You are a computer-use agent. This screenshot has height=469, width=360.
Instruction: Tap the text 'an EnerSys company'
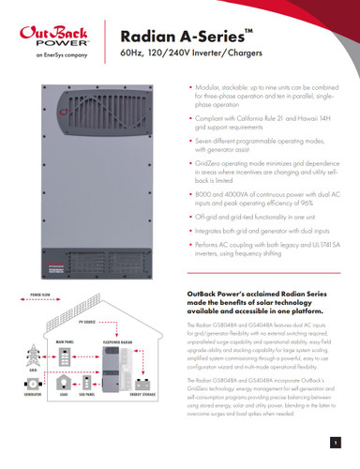[x=44, y=66]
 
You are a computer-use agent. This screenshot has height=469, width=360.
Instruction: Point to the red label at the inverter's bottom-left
[x=28, y=273]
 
